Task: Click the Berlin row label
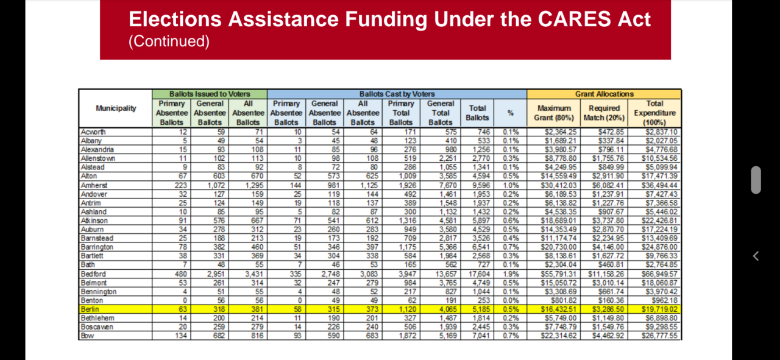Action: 90,309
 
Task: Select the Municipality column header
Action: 116,108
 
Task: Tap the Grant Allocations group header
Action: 604,94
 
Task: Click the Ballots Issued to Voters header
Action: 210,94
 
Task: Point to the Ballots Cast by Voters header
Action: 397,94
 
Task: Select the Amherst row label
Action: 94,185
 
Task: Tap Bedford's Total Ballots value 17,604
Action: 477,274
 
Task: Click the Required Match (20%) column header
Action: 604,113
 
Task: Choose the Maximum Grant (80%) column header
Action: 554,113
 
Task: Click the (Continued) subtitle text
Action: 169,41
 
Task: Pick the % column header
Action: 511,113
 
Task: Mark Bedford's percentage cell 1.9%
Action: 511,274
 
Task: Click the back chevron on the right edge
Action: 756,256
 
